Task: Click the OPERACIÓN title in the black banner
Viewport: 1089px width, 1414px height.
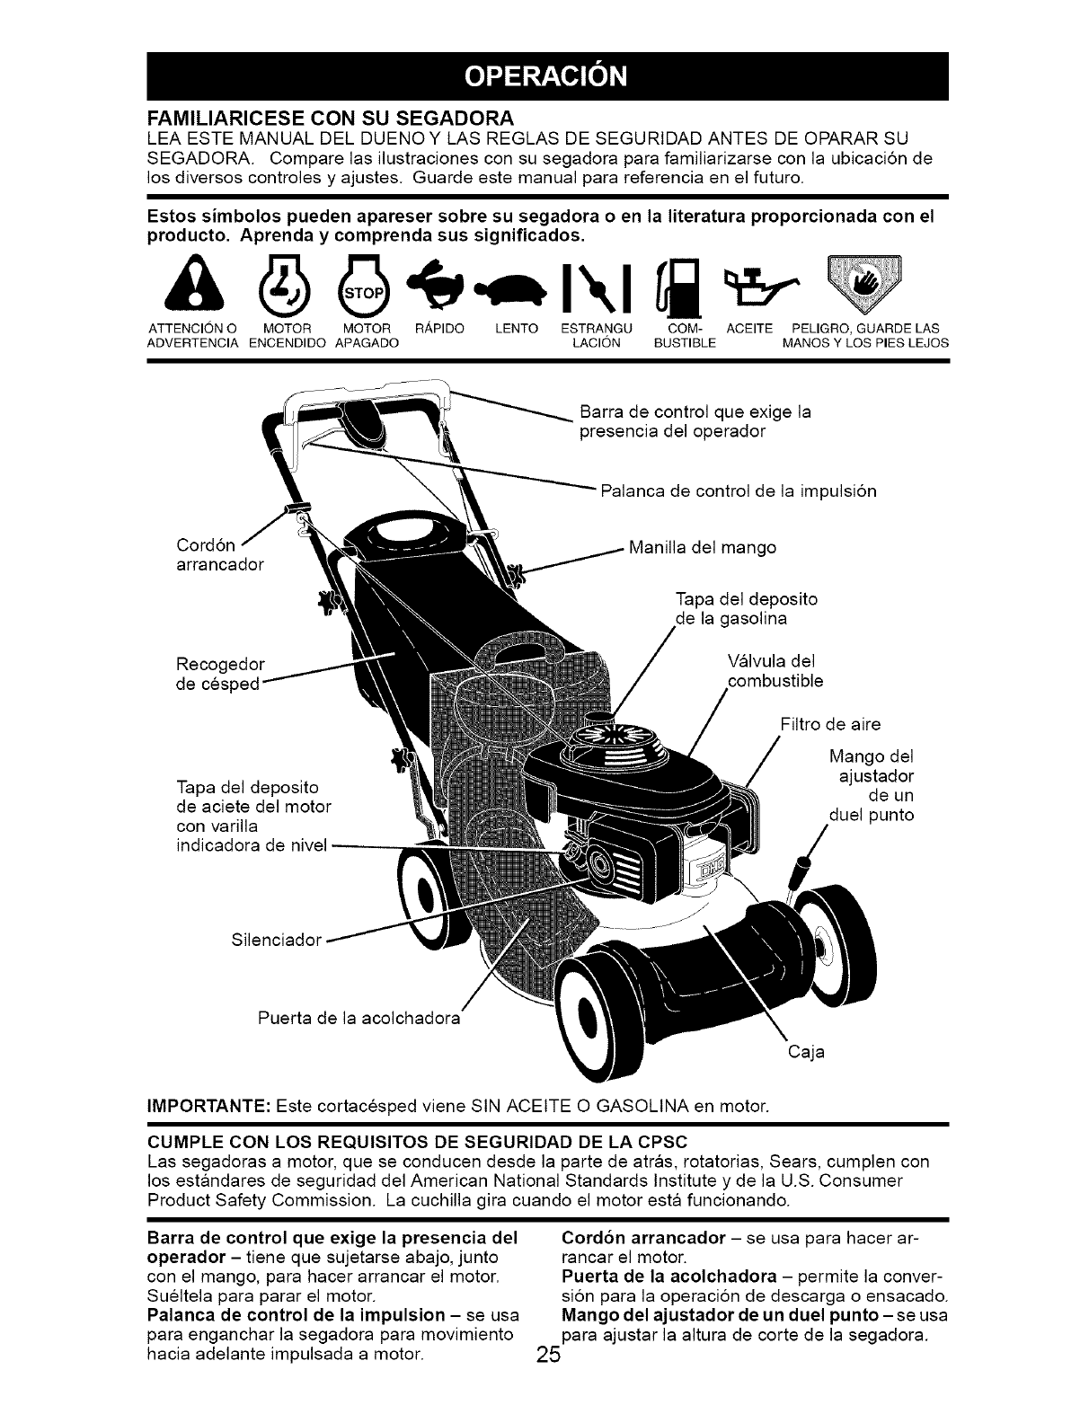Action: tap(544, 76)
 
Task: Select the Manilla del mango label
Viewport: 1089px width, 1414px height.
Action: tap(702, 547)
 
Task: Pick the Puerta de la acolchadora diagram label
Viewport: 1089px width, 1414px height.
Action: tap(358, 1018)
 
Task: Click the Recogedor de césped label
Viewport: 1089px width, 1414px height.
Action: tap(221, 674)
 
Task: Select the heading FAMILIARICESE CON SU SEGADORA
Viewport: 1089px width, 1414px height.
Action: tap(329, 117)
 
